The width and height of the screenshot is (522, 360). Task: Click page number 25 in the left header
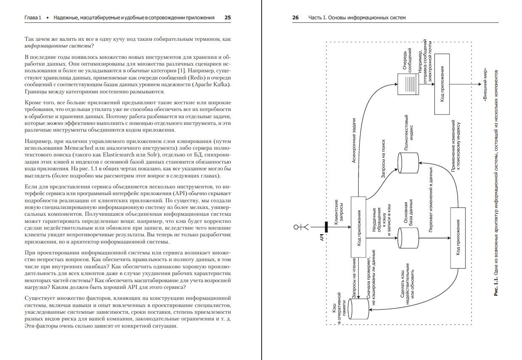[x=228, y=18]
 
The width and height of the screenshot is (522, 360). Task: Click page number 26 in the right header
[x=295, y=18]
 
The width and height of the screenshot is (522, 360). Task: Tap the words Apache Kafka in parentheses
[x=211, y=85]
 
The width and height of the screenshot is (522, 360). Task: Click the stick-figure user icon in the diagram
[x=301, y=227]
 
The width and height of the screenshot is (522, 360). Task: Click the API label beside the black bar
[x=321, y=238]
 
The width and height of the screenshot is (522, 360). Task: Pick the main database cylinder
[x=408, y=239]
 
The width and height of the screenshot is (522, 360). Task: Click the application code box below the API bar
[x=358, y=227]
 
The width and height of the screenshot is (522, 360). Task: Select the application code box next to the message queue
[x=442, y=84]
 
